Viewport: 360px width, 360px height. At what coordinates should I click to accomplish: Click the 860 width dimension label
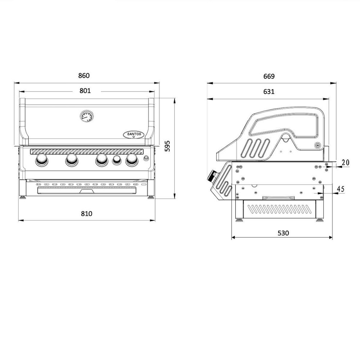(x=84, y=76)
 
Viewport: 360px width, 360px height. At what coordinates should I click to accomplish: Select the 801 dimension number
(x=85, y=91)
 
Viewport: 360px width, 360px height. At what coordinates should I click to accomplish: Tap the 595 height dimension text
(x=168, y=146)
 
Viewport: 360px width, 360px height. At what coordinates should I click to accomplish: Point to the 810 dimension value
(x=86, y=213)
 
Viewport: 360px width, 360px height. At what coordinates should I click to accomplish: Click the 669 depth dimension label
(x=269, y=76)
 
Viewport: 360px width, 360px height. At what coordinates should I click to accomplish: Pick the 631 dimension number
(x=269, y=91)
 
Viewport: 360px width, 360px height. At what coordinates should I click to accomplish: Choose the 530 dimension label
(x=283, y=233)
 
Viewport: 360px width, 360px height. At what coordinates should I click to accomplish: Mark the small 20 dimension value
(x=346, y=163)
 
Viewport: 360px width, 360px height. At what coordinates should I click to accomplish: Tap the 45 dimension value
(x=341, y=189)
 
